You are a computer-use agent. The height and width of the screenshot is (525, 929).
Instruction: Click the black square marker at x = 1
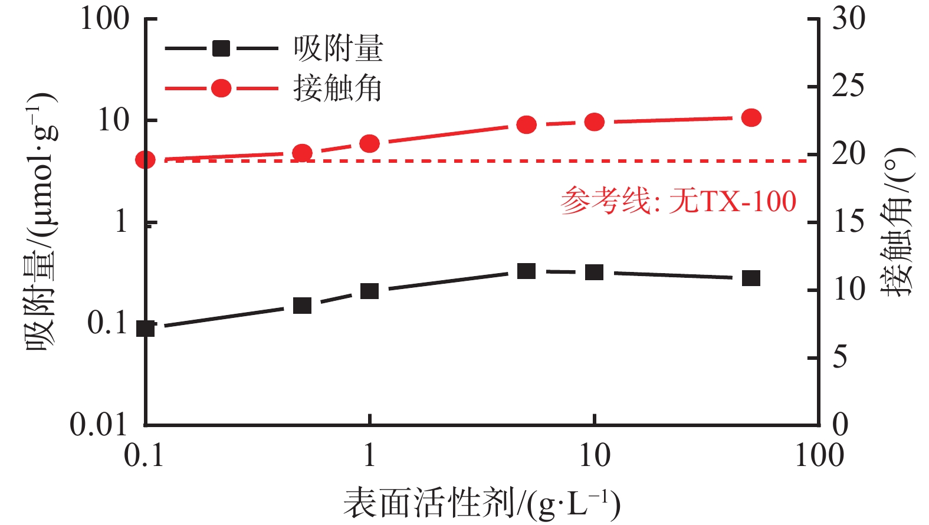click(369, 291)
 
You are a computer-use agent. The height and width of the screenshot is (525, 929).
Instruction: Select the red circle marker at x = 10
click(595, 122)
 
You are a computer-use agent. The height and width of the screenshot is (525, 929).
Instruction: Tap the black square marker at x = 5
click(526, 271)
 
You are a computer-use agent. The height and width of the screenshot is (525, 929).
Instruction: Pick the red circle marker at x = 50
click(751, 118)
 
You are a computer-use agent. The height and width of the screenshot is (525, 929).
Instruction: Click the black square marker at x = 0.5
click(302, 306)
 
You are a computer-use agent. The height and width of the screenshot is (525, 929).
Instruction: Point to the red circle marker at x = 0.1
click(146, 160)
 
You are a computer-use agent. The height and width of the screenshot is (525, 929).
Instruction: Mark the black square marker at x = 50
click(751, 278)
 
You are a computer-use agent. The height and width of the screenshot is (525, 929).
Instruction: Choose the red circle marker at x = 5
click(526, 125)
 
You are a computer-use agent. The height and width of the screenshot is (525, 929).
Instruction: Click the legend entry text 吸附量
click(339, 48)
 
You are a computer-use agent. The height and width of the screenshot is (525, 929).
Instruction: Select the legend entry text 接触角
click(339, 89)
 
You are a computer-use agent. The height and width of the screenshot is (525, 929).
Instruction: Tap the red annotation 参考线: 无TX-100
click(678, 201)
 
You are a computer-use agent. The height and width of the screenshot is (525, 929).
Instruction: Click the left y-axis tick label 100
click(105, 19)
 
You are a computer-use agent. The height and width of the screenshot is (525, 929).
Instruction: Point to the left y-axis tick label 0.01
click(99, 424)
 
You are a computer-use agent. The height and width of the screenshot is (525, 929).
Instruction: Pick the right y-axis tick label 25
click(848, 86)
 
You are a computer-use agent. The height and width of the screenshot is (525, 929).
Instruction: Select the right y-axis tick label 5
click(840, 357)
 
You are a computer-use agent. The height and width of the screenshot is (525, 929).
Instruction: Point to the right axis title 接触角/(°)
click(897, 222)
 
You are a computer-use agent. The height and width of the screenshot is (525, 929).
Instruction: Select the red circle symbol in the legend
click(221, 88)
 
